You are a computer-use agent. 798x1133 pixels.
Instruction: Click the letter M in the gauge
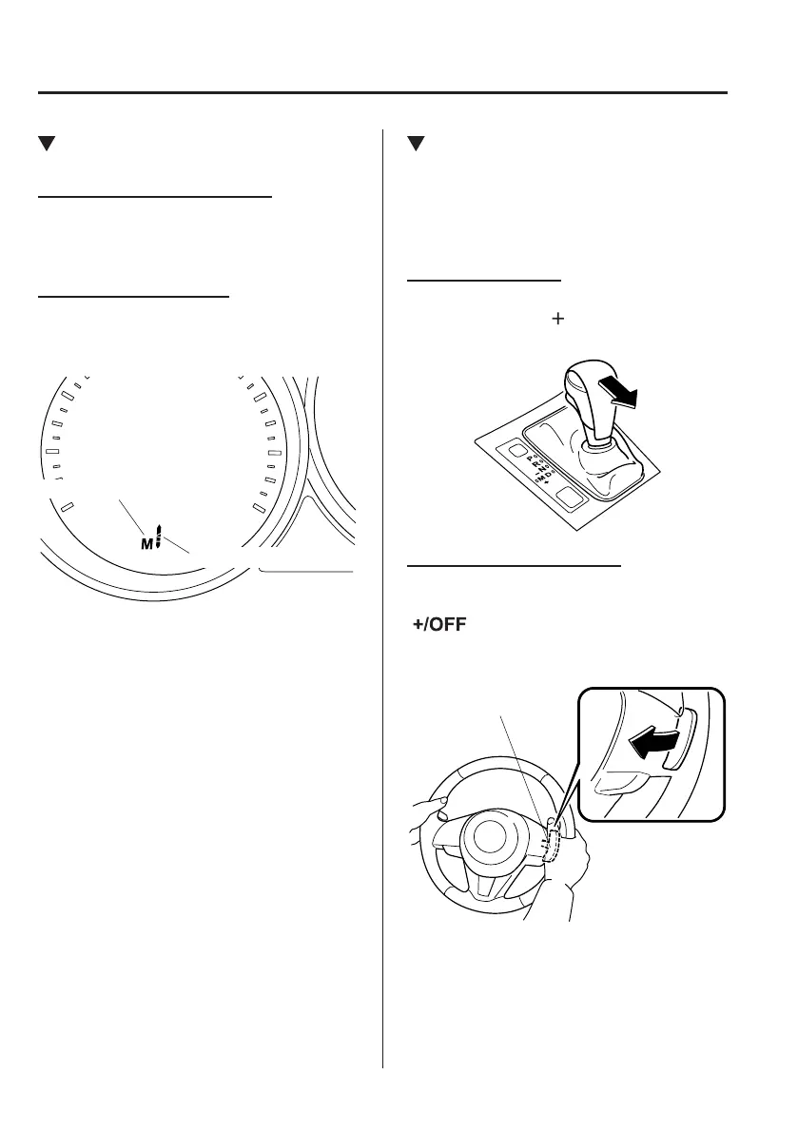pyautogui.click(x=146, y=543)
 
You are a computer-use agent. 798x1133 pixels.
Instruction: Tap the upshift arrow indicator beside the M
pyautogui.click(x=160, y=537)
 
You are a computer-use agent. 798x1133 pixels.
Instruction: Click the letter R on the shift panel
pyautogui.click(x=535, y=463)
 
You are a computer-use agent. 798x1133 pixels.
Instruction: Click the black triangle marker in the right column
pyautogui.click(x=414, y=145)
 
